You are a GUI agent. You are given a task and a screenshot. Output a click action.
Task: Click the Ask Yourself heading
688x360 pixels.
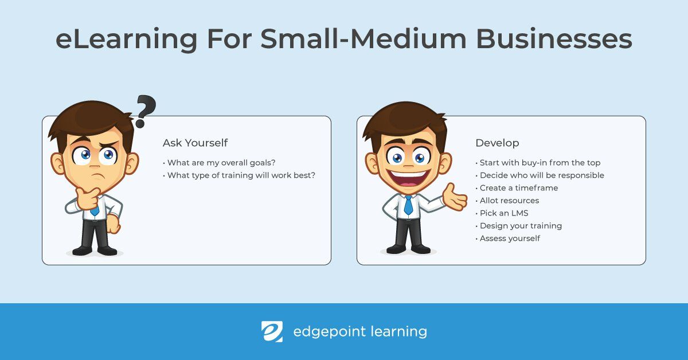click(195, 143)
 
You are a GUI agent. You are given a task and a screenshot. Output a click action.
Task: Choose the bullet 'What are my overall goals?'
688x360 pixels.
click(219, 163)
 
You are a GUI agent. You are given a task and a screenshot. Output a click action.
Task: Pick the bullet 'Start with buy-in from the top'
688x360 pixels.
click(540, 163)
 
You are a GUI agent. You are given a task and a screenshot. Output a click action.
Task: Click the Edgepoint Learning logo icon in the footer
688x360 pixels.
click(272, 331)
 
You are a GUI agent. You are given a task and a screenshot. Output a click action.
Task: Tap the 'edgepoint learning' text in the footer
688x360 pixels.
click(359, 331)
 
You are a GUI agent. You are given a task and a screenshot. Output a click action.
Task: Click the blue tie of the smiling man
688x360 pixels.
click(408, 205)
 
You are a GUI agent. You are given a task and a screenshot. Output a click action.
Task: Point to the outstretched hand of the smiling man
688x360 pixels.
click(457, 197)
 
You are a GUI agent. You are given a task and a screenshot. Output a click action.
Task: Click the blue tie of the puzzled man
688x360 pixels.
click(94, 209)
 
